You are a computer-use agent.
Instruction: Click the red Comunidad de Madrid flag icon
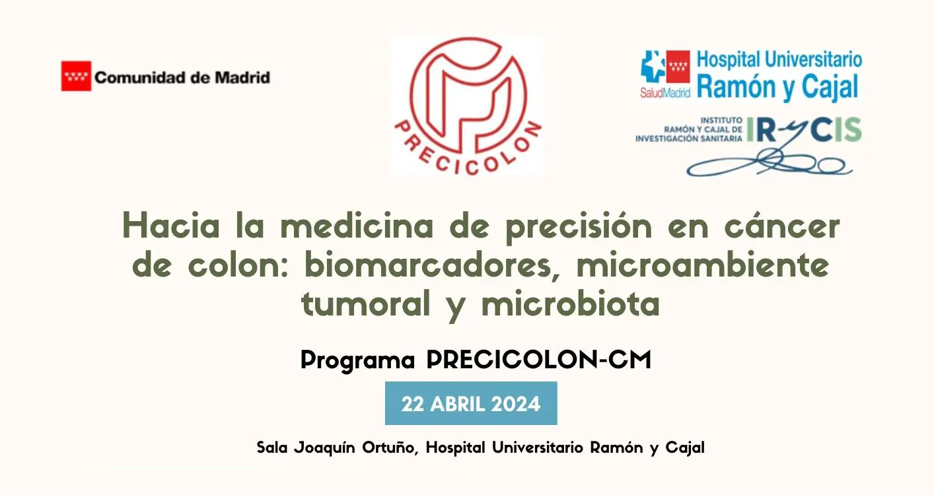coord(76,76)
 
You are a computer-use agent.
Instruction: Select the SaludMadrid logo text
coord(665,93)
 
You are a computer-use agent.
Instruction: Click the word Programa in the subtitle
coord(357,360)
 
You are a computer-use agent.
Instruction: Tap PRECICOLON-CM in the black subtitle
coord(538,360)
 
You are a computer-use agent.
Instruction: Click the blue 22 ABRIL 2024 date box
coord(471,403)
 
